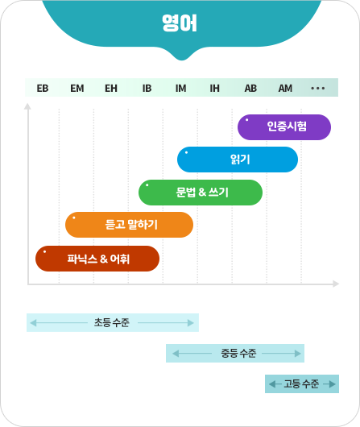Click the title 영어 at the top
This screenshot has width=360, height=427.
point(180,23)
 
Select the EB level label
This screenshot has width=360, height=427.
point(43,89)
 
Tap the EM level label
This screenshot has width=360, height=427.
point(77,89)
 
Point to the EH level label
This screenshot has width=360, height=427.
point(111,89)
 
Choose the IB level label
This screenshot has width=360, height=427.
point(147,89)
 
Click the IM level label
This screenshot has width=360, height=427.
point(181,89)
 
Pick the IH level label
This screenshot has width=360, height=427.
point(214,89)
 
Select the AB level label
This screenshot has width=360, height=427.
point(250,89)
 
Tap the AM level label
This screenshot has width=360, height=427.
point(285,89)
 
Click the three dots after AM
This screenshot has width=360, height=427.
point(318,89)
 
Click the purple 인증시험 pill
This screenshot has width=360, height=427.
point(284,127)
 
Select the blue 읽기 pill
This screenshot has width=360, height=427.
point(238,160)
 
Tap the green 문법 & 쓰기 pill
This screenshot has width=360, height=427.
point(201,193)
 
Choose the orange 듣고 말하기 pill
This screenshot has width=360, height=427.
point(129,225)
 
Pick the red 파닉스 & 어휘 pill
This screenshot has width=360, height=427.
point(97,259)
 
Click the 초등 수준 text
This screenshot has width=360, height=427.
point(112,323)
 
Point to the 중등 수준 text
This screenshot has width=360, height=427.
point(238,353)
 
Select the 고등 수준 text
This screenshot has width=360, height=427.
point(301,384)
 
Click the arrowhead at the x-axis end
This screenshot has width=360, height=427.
point(336,284)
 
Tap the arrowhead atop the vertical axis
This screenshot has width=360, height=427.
point(27,106)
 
